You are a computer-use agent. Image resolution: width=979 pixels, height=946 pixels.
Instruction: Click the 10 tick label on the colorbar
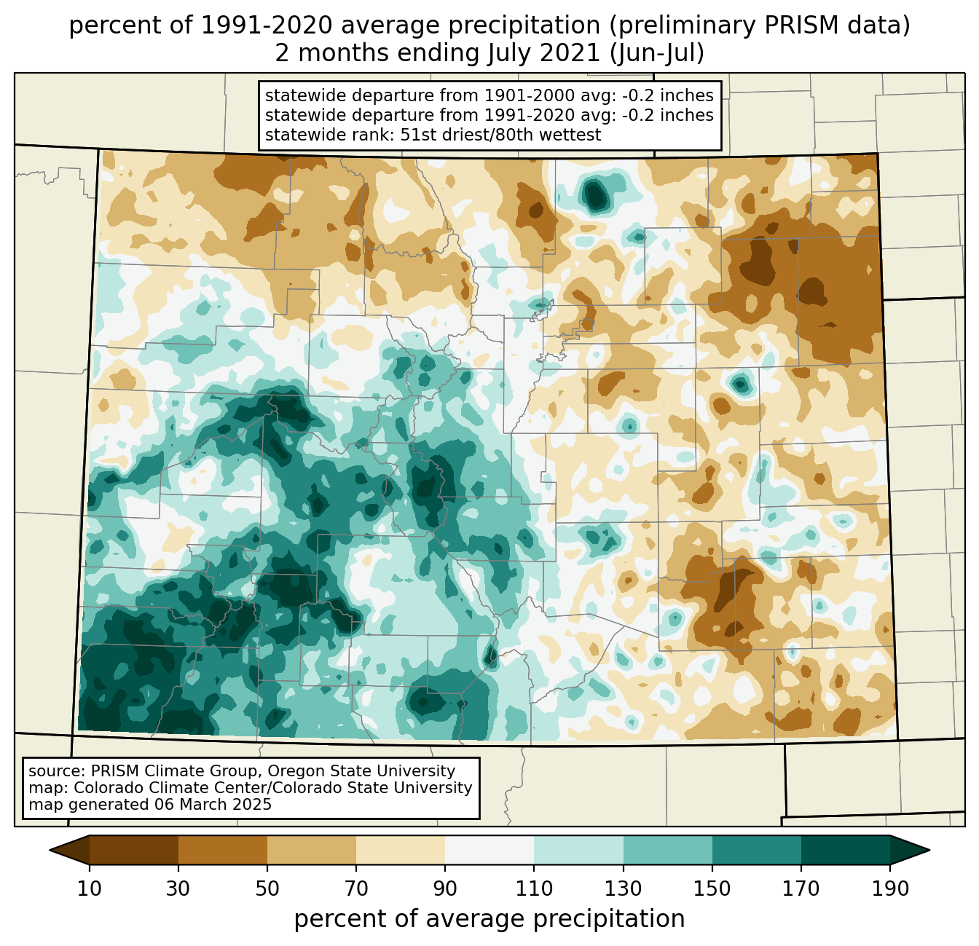click(x=90, y=889)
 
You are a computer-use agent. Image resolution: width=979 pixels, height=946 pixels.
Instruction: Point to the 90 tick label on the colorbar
click(x=445, y=889)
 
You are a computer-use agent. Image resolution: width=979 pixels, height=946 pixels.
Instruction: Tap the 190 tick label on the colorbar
click(x=890, y=889)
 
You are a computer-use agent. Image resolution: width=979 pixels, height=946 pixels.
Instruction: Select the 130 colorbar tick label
click(x=624, y=889)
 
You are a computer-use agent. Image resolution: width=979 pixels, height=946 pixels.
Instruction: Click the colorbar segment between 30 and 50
click(x=223, y=850)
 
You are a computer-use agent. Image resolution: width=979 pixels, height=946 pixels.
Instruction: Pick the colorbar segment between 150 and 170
click(x=757, y=850)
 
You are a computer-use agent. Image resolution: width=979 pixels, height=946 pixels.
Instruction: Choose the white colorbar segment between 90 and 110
click(x=489, y=850)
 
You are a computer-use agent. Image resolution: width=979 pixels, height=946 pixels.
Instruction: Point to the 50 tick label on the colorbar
click(x=267, y=889)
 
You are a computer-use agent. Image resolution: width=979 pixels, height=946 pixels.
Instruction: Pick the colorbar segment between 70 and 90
click(x=401, y=850)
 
